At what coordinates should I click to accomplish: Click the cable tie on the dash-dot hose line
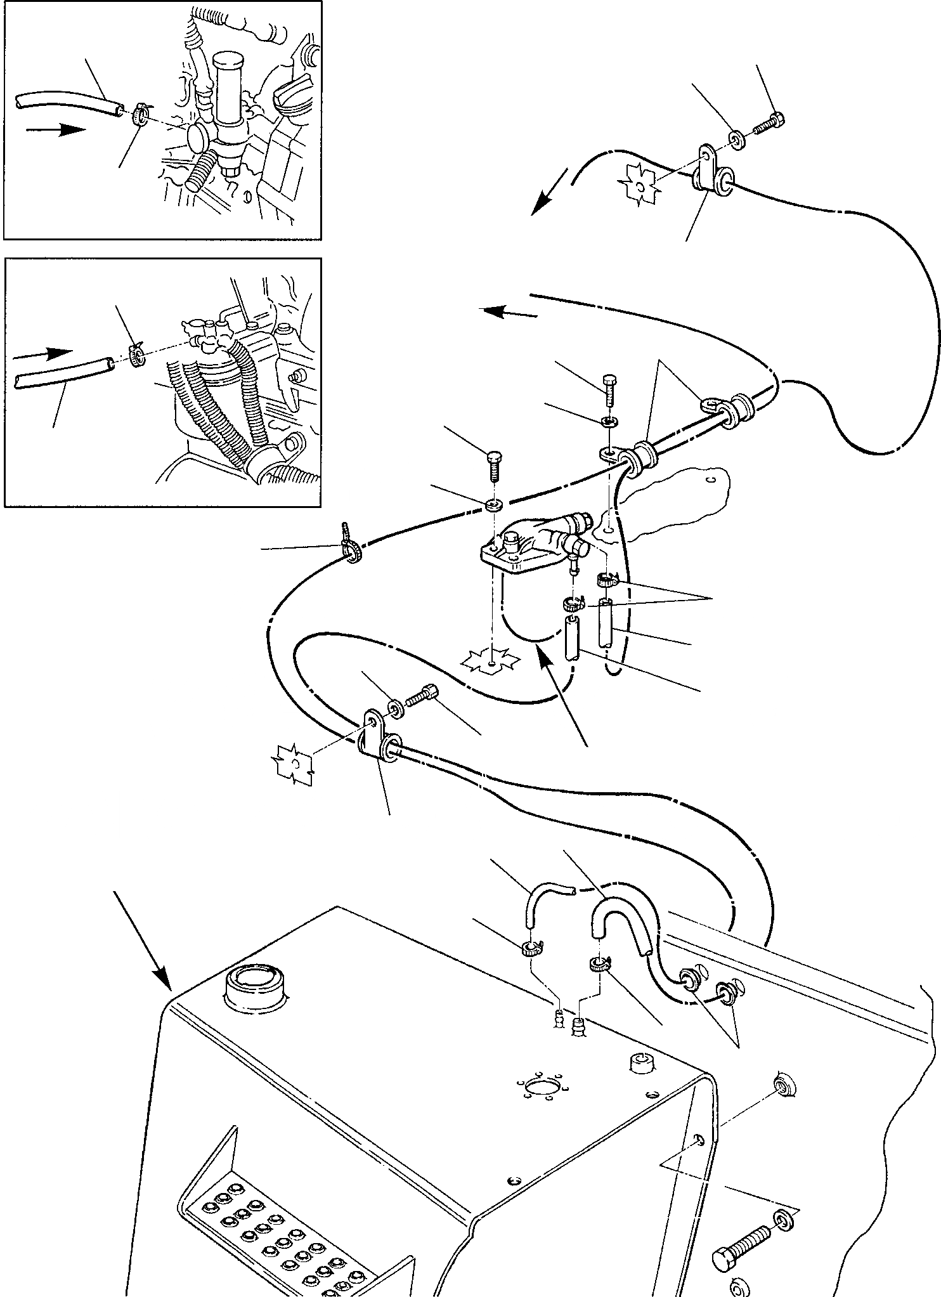pyautogui.click(x=351, y=534)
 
